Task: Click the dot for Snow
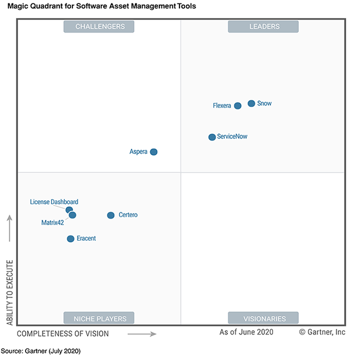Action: point(251,103)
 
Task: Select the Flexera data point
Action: point(238,106)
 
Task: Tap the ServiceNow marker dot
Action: point(212,137)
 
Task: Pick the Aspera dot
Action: point(153,152)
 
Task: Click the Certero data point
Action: point(111,215)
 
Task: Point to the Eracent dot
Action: point(70,239)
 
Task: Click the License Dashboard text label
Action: point(54,202)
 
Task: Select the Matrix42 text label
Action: point(52,223)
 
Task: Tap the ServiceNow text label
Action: point(236,137)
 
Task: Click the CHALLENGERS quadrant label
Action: point(99,27)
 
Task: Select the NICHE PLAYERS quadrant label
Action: point(99,319)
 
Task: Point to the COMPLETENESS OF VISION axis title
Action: point(63,334)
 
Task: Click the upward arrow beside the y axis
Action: point(10,228)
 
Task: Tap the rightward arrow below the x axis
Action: point(141,334)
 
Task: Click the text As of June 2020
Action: point(246,332)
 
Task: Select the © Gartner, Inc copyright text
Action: point(322,332)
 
